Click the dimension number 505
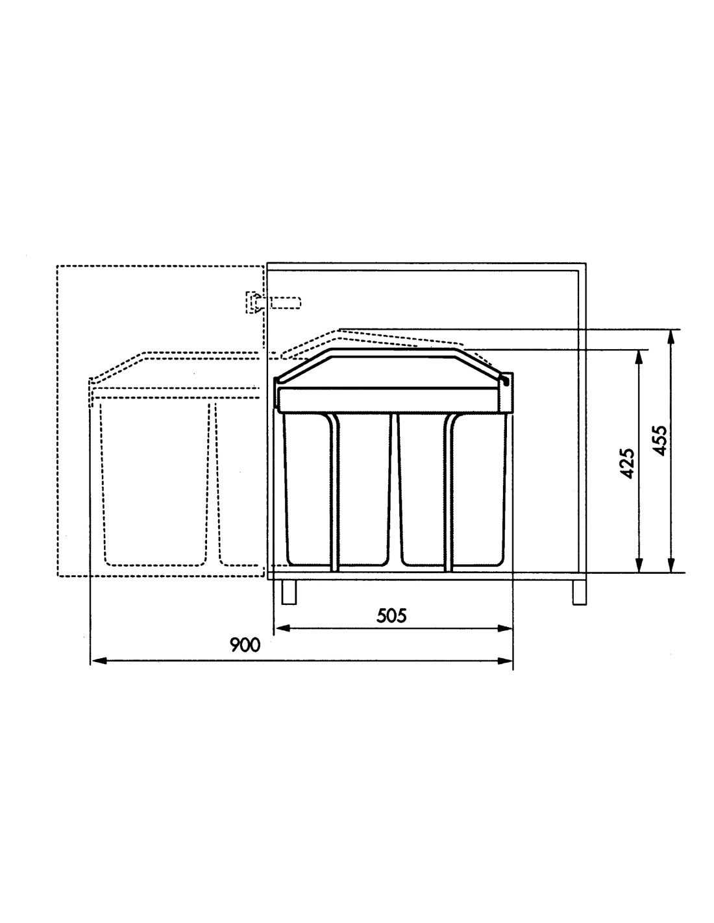point(391,615)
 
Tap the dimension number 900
point(245,645)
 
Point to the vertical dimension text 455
point(660,441)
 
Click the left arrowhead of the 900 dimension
point(99,661)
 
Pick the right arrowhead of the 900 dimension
point(505,661)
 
